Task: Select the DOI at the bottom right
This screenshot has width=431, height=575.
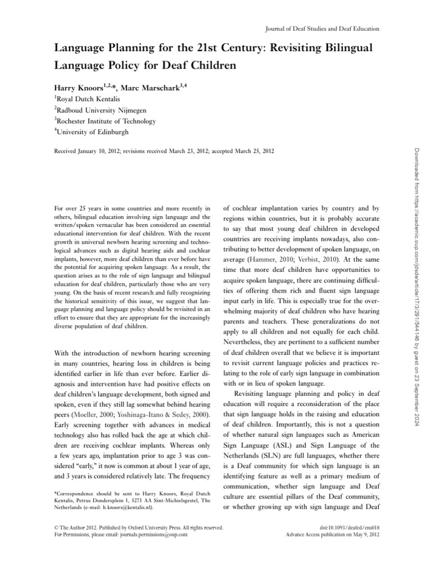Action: click(346, 528)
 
